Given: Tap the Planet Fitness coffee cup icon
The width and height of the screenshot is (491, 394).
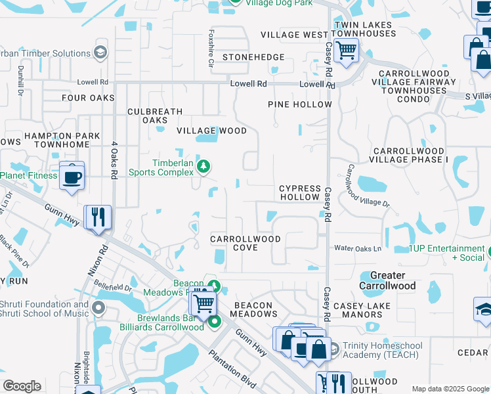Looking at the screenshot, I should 72,176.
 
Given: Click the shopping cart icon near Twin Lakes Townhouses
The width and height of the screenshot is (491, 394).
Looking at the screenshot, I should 345,50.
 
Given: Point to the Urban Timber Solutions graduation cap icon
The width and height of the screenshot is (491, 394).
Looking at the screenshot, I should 100,53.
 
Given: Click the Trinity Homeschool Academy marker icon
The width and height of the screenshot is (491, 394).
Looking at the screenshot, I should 333,349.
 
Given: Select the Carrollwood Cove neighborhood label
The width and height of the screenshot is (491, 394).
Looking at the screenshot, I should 245,243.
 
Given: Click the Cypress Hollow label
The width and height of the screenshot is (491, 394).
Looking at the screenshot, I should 300,192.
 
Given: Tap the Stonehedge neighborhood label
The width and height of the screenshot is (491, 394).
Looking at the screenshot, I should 253,57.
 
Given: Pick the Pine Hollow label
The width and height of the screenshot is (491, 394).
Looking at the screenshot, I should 300,104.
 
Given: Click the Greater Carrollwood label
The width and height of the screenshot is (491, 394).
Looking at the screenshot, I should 387,280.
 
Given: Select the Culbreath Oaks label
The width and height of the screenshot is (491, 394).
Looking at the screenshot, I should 155,116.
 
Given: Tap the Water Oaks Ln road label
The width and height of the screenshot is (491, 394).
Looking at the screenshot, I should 358,249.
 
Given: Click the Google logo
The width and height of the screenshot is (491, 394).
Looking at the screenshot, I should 22,386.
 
